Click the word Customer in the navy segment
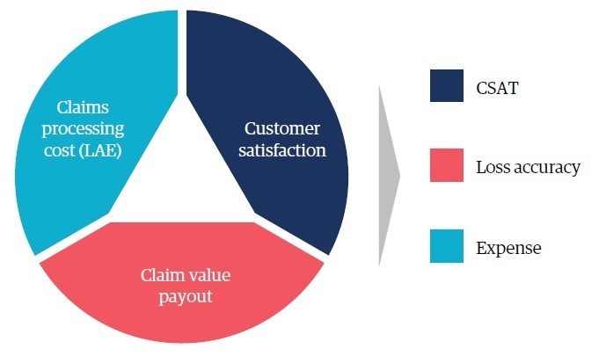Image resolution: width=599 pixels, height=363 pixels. pos(282,128)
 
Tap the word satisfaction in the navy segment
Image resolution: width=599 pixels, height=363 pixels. pos(282,150)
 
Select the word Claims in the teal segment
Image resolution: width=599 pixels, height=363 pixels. pos(83,107)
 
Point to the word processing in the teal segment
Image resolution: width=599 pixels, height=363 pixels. pos(83,130)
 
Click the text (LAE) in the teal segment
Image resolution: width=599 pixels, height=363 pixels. pos(100,150)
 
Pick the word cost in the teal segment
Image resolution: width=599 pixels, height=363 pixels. pos(59,151)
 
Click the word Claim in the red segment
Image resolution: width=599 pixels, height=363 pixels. pos(161,275)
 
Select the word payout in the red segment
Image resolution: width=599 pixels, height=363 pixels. pos(186,297)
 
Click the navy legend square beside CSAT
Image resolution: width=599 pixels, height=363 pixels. pos(447,85)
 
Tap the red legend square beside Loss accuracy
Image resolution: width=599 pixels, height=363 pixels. pos(447,165)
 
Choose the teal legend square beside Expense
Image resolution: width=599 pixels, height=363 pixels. pos(447,246)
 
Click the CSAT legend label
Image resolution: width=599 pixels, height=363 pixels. pos(497,88)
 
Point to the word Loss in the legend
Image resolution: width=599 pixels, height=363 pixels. pos(493,167)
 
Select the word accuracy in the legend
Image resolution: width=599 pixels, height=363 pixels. pos(546,168)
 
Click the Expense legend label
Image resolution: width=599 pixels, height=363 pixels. pos(509,249)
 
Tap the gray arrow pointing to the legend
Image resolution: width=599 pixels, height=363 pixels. pos(389,176)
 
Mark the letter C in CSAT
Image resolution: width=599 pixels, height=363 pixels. pos(481,88)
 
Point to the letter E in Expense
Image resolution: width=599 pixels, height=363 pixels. pos(480,248)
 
